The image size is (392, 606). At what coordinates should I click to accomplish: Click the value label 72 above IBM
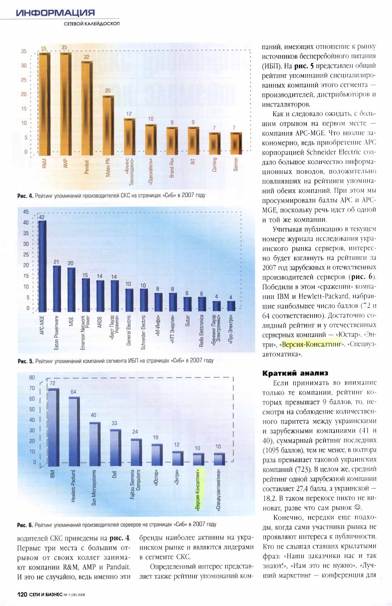53,383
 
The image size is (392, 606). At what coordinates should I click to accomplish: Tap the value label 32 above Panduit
87,57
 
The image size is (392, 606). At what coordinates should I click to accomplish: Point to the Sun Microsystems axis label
94,487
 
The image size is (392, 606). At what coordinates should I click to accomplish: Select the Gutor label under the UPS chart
187,321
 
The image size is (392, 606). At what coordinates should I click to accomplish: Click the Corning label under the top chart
214,165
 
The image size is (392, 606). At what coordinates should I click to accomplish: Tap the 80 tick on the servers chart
32,377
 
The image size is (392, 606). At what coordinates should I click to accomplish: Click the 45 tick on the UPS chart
26,212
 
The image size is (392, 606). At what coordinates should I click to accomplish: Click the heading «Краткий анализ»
295,373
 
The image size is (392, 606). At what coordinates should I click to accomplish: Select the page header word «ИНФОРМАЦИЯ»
55,13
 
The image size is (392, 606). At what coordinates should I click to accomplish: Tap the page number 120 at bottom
22,594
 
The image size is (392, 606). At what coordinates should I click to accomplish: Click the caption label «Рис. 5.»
25,361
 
